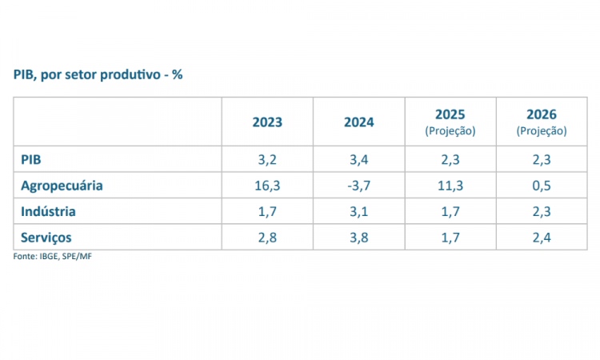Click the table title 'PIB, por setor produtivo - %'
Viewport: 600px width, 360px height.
98,74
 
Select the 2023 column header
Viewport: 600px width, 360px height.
267,122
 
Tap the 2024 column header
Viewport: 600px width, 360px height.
358,122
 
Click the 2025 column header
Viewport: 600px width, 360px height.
450,115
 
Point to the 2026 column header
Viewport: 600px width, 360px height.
542,115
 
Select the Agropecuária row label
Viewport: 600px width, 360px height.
62,186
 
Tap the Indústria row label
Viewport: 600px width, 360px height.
48,211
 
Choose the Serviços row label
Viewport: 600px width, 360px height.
46,238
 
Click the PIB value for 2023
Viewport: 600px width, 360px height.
267,159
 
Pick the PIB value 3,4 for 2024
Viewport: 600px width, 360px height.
358,159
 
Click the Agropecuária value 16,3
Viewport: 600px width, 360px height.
267,186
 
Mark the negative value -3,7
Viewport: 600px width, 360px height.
358,186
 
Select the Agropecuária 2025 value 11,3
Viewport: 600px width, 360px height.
450,186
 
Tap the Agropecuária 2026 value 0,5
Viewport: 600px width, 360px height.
542,186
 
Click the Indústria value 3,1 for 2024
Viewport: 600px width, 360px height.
358,211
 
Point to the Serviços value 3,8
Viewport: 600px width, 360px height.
358,238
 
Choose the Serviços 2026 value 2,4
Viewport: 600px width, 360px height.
542,238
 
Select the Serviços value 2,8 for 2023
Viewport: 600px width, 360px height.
267,238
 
